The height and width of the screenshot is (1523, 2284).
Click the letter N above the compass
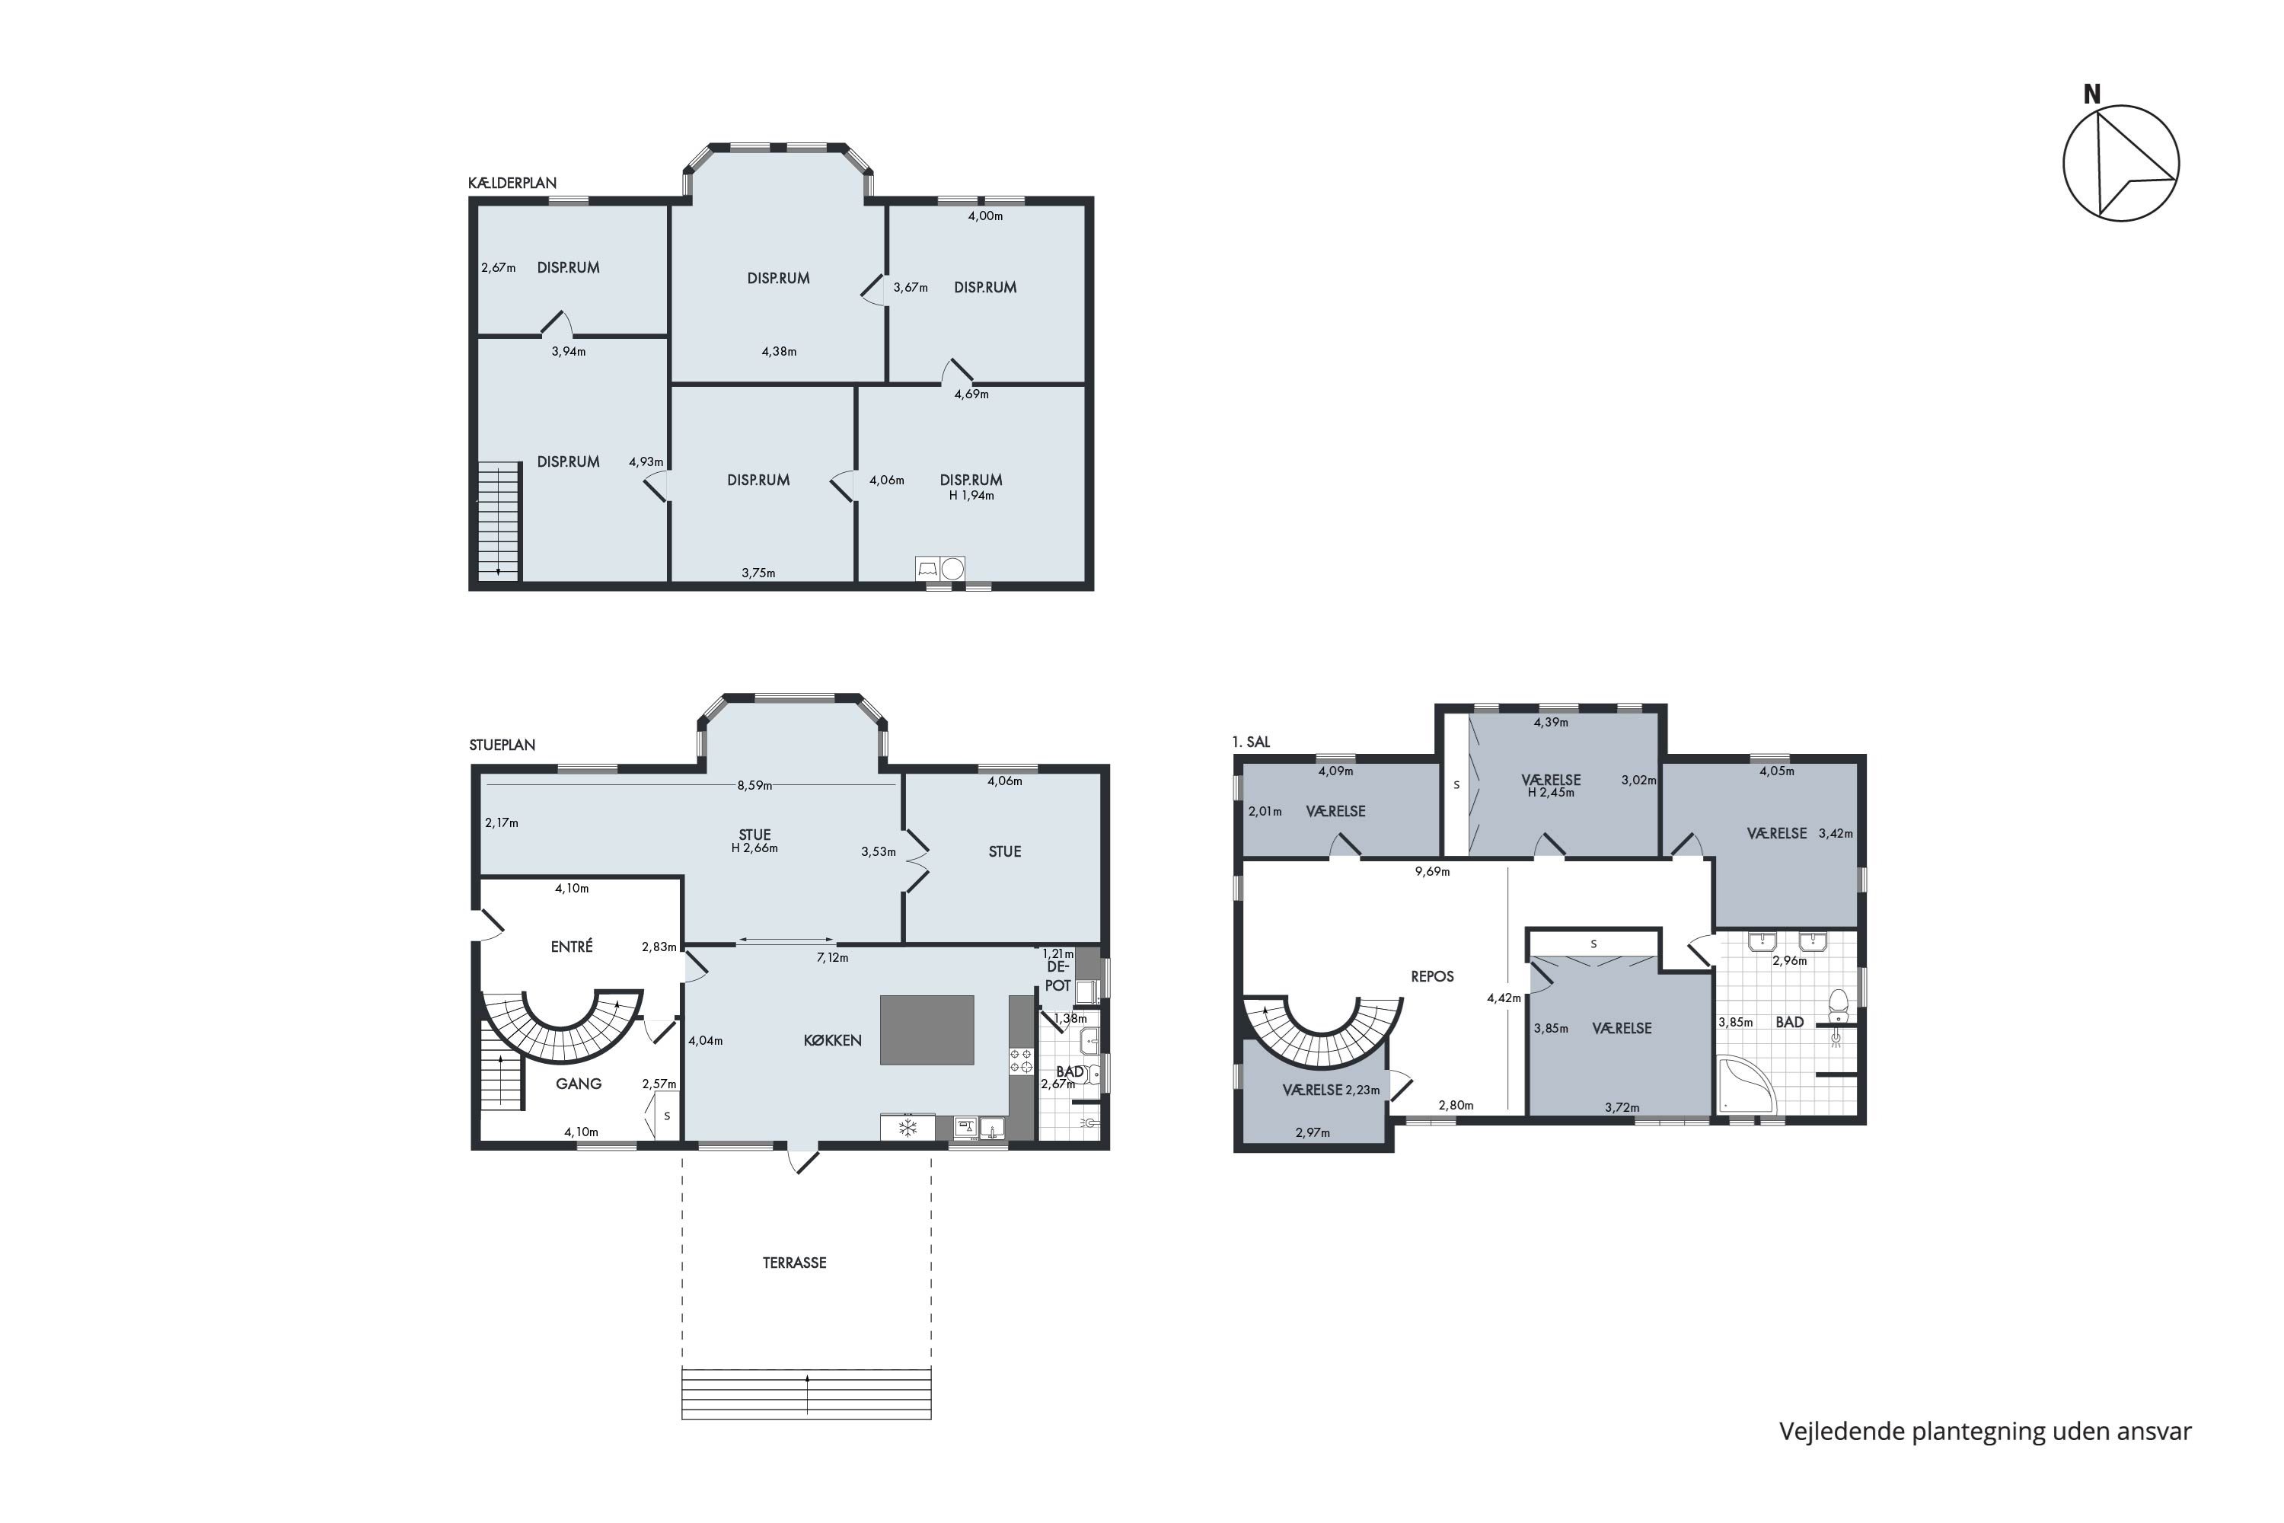2091,94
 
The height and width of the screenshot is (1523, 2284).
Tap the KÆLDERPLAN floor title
512,183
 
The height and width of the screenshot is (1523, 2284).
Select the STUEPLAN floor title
502,745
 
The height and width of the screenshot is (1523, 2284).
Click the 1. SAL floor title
1251,742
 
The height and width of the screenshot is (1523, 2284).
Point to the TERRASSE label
794,1263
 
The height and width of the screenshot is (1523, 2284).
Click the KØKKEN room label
832,1040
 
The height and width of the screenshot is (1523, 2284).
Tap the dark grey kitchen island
927,1030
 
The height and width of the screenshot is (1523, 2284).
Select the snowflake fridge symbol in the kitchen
908,1128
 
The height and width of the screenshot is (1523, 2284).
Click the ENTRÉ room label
571,946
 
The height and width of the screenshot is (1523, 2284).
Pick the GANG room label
579,1083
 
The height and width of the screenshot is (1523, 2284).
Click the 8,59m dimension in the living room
754,786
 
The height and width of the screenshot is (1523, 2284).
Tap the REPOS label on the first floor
1432,976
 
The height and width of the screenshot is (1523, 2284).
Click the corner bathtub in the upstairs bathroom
1743,1086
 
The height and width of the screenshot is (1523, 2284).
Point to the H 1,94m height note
971,496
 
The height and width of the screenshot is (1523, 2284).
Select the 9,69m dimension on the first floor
1432,871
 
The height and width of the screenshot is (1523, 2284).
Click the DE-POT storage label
1057,976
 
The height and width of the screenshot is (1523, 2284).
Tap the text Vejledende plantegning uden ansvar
1985,1432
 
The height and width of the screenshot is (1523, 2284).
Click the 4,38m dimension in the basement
779,352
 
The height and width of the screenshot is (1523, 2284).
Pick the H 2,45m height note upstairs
1551,793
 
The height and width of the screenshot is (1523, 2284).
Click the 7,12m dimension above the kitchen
832,958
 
